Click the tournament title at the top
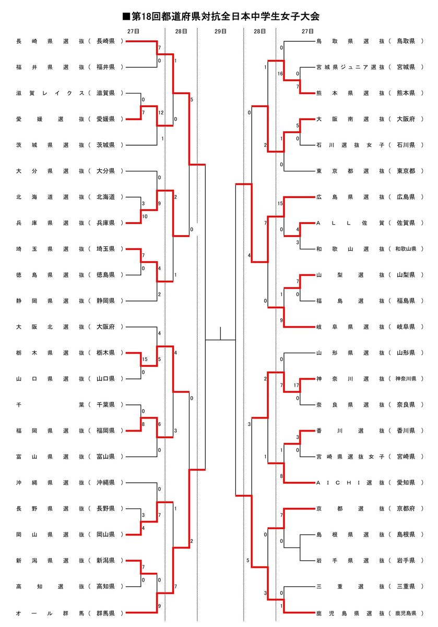pos(219,17)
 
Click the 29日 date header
pos(220,31)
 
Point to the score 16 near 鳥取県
pos(280,74)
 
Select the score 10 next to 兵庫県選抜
pos(144,216)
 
